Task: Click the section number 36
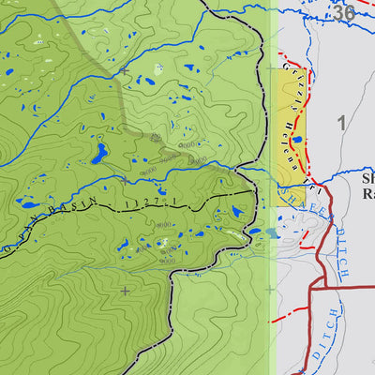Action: pos(343,12)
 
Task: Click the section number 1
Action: pos(342,122)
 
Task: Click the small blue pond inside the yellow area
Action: pos(297,141)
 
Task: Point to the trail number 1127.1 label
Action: pos(154,200)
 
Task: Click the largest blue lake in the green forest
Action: pos(98,154)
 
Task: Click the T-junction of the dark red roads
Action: pos(310,288)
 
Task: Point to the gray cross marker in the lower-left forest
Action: pos(124,291)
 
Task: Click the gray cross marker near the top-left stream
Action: pos(124,70)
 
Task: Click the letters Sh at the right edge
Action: pos(367,177)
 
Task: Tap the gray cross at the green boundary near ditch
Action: pos(270,289)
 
